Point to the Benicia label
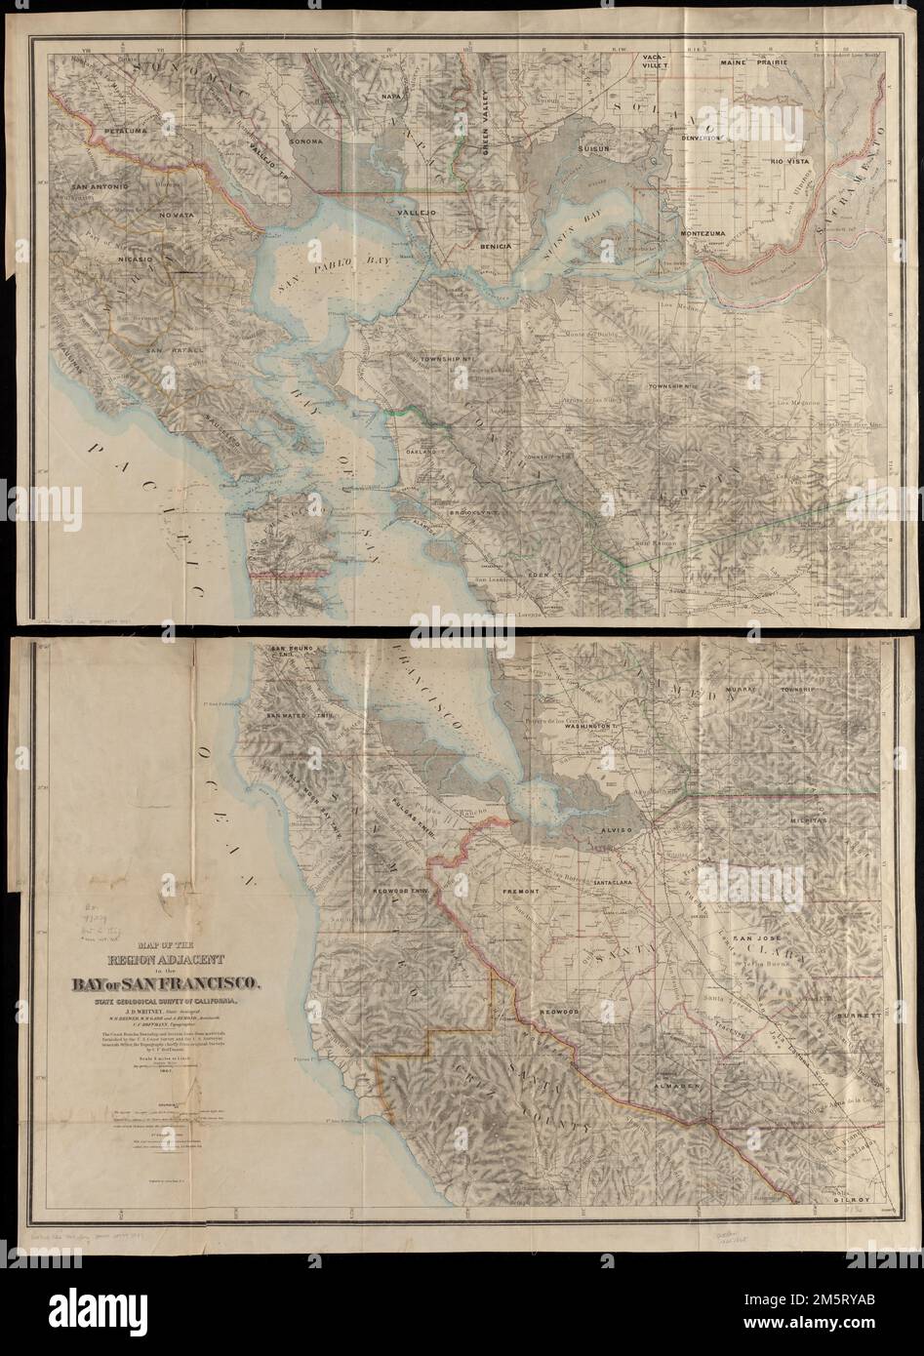[x=496, y=247]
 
